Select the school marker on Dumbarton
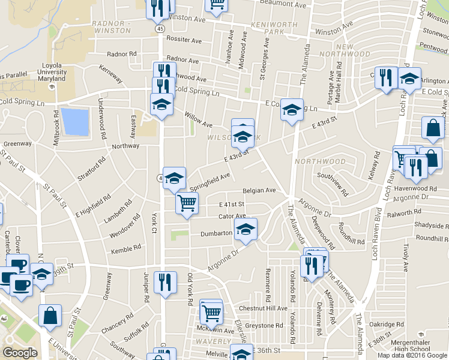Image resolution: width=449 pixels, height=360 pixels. pyautogui.click(x=245, y=230)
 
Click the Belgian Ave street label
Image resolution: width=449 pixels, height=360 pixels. pyautogui.click(x=259, y=190)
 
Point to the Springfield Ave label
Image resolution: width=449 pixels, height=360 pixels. pyautogui.click(x=210, y=179)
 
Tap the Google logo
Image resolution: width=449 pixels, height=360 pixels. pyautogui.click(x=20, y=353)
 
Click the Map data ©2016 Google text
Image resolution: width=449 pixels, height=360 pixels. pyautogui.click(x=412, y=355)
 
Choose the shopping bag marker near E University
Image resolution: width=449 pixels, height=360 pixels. pyautogui.click(x=50, y=316)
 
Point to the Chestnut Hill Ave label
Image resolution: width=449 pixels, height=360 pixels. pyautogui.click(x=262, y=308)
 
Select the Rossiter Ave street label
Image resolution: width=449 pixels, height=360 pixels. pyautogui.click(x=184, y=41)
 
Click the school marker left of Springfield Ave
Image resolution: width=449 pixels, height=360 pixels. pyautogui.click(x=174, y=178)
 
